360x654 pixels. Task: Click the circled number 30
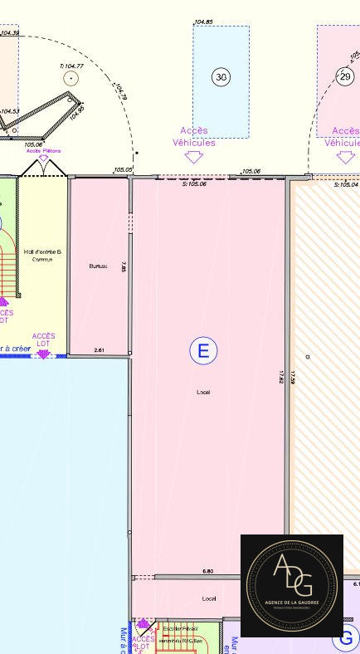[221, 77]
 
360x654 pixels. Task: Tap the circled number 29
[345, 76]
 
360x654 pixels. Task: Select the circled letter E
[203, 351]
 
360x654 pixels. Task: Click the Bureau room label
[98, 266]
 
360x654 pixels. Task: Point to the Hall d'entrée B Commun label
[42, 255]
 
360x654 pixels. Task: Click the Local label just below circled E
[203, 392]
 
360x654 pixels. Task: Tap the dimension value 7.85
[124, 267]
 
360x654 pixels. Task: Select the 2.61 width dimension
[100, 350]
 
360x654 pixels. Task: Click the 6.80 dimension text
[207, 571]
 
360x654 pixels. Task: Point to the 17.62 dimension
[281, 377]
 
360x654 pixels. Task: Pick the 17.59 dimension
[293, 377]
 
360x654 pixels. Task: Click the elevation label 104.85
[203, 22]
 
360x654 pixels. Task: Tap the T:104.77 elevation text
[71, 66]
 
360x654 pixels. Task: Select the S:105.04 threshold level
[346, 184]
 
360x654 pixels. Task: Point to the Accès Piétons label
[43, 151]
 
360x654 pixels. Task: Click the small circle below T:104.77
[71, 78]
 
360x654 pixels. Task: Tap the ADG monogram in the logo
[291, 576]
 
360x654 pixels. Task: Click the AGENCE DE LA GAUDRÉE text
[292, 602]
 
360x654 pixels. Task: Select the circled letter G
[346, 639]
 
